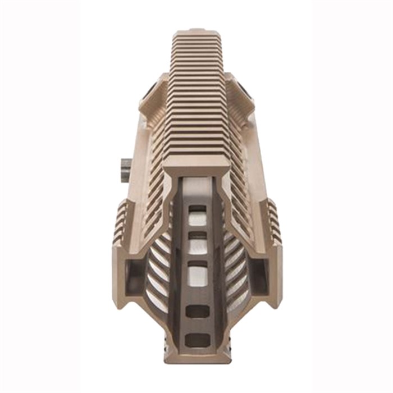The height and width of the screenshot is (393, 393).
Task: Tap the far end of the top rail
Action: point(196,34)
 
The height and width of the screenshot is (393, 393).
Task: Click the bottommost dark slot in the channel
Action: point(196,340)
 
